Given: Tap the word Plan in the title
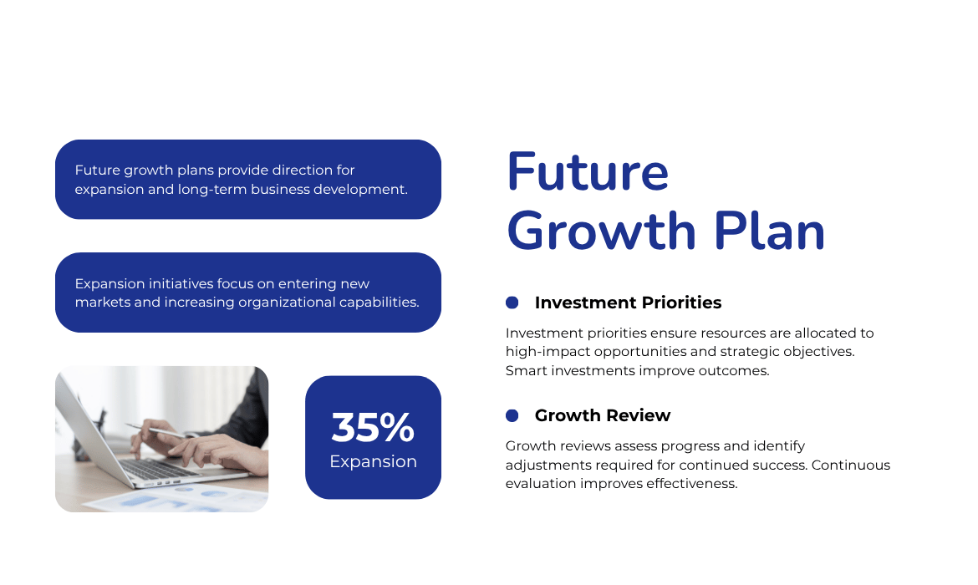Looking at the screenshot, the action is point(769,231).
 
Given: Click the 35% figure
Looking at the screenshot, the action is point(373,427).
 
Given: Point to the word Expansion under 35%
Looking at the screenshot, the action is point(373,462).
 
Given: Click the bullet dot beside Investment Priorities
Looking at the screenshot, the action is point(512,303).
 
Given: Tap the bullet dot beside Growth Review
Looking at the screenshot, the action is point(512,415).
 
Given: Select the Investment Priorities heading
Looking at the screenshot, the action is point(628,303).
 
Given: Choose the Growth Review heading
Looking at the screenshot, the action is point(603,415).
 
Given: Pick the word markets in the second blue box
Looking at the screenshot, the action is point(102,303).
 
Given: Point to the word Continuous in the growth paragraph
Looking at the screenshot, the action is point(851,465).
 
